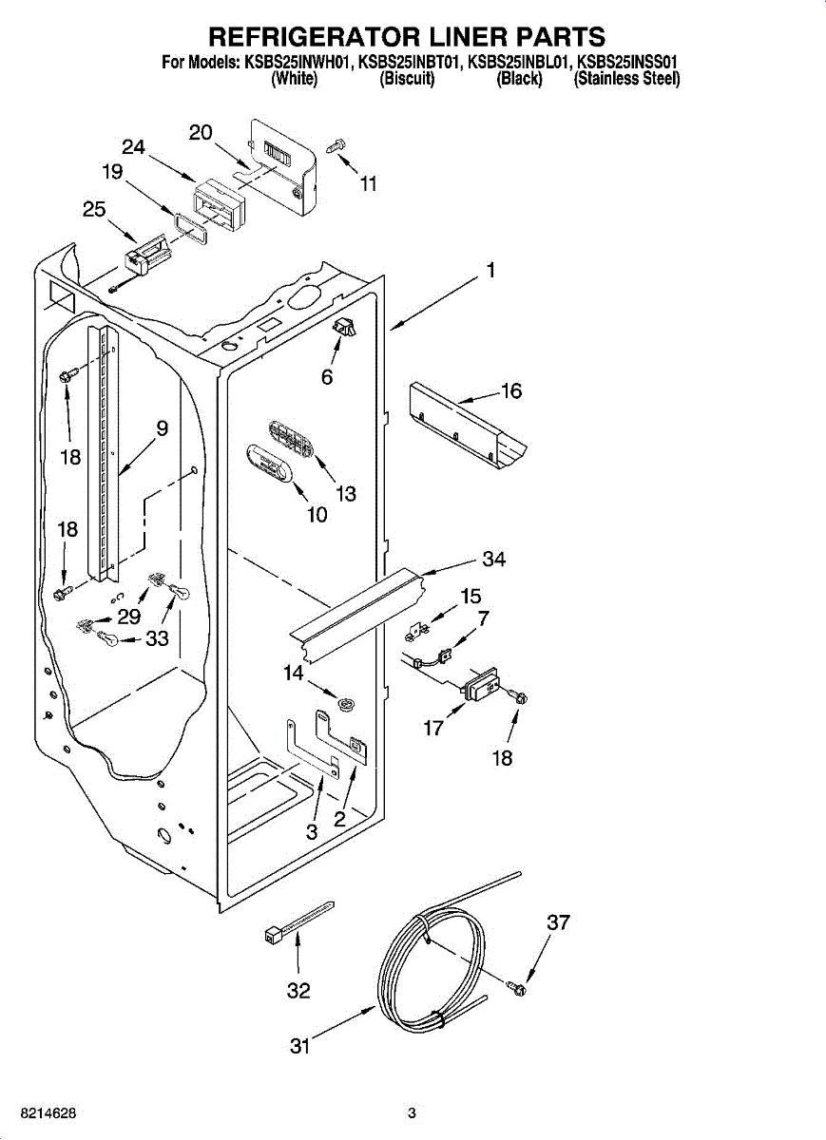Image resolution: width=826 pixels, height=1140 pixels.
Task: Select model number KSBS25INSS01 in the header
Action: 625,63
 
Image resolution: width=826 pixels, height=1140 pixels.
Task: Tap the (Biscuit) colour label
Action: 408,79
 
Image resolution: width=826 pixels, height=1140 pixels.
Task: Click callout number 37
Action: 558,921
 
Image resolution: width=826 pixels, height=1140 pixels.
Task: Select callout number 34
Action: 493,560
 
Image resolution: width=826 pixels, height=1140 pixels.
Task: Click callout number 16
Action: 511,390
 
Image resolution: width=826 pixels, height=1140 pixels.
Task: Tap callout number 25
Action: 94,209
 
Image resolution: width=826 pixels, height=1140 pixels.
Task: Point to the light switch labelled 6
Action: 345,329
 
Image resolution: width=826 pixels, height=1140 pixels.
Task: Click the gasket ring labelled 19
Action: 190,230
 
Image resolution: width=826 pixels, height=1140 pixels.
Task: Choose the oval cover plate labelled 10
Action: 270,462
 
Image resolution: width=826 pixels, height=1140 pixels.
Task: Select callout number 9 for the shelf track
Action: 162,428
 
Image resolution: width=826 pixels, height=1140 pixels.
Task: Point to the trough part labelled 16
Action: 468,426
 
